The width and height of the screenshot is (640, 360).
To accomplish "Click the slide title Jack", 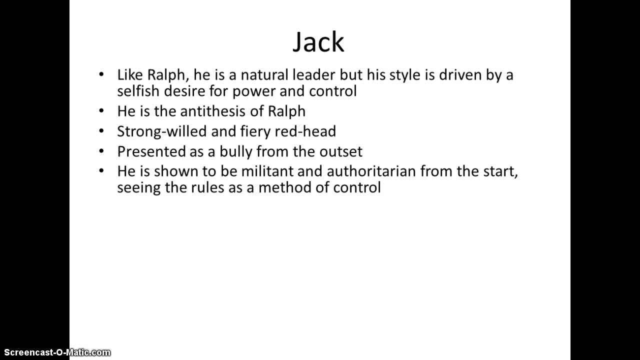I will (318, 42).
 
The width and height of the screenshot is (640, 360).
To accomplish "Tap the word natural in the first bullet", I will (263, 75).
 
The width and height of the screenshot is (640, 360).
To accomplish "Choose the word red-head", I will (309, 131).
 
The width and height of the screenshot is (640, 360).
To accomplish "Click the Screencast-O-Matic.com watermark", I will (55, 352).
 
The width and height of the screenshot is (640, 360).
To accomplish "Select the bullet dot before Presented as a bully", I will (102, 150).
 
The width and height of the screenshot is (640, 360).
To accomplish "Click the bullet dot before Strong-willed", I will (102, 130).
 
